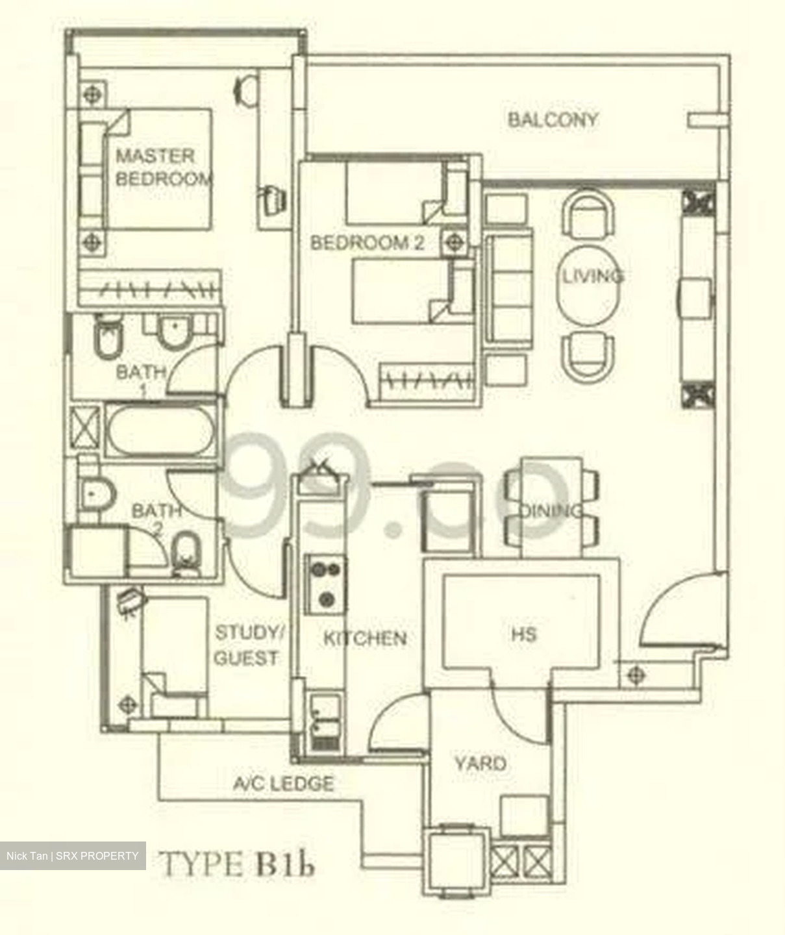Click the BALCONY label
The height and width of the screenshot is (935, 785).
[x=552, y=119]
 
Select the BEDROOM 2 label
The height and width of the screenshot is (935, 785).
[x=367, y=243]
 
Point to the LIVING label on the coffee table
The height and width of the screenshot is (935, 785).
[x=592, y=276]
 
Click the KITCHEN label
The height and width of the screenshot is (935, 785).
[x=365, y=638]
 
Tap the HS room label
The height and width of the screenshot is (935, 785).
[x=523, y=633]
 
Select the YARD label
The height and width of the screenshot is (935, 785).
[x=480, y=763]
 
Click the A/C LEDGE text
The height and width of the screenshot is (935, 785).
[x=284, y=784]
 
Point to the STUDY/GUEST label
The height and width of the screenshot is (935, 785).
[x=247, y=645]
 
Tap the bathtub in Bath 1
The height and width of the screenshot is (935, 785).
[x=160, y=430]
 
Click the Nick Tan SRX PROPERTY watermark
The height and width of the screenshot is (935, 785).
[x=72, y=856]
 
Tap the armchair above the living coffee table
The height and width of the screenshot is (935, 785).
[x=588, y=215]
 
